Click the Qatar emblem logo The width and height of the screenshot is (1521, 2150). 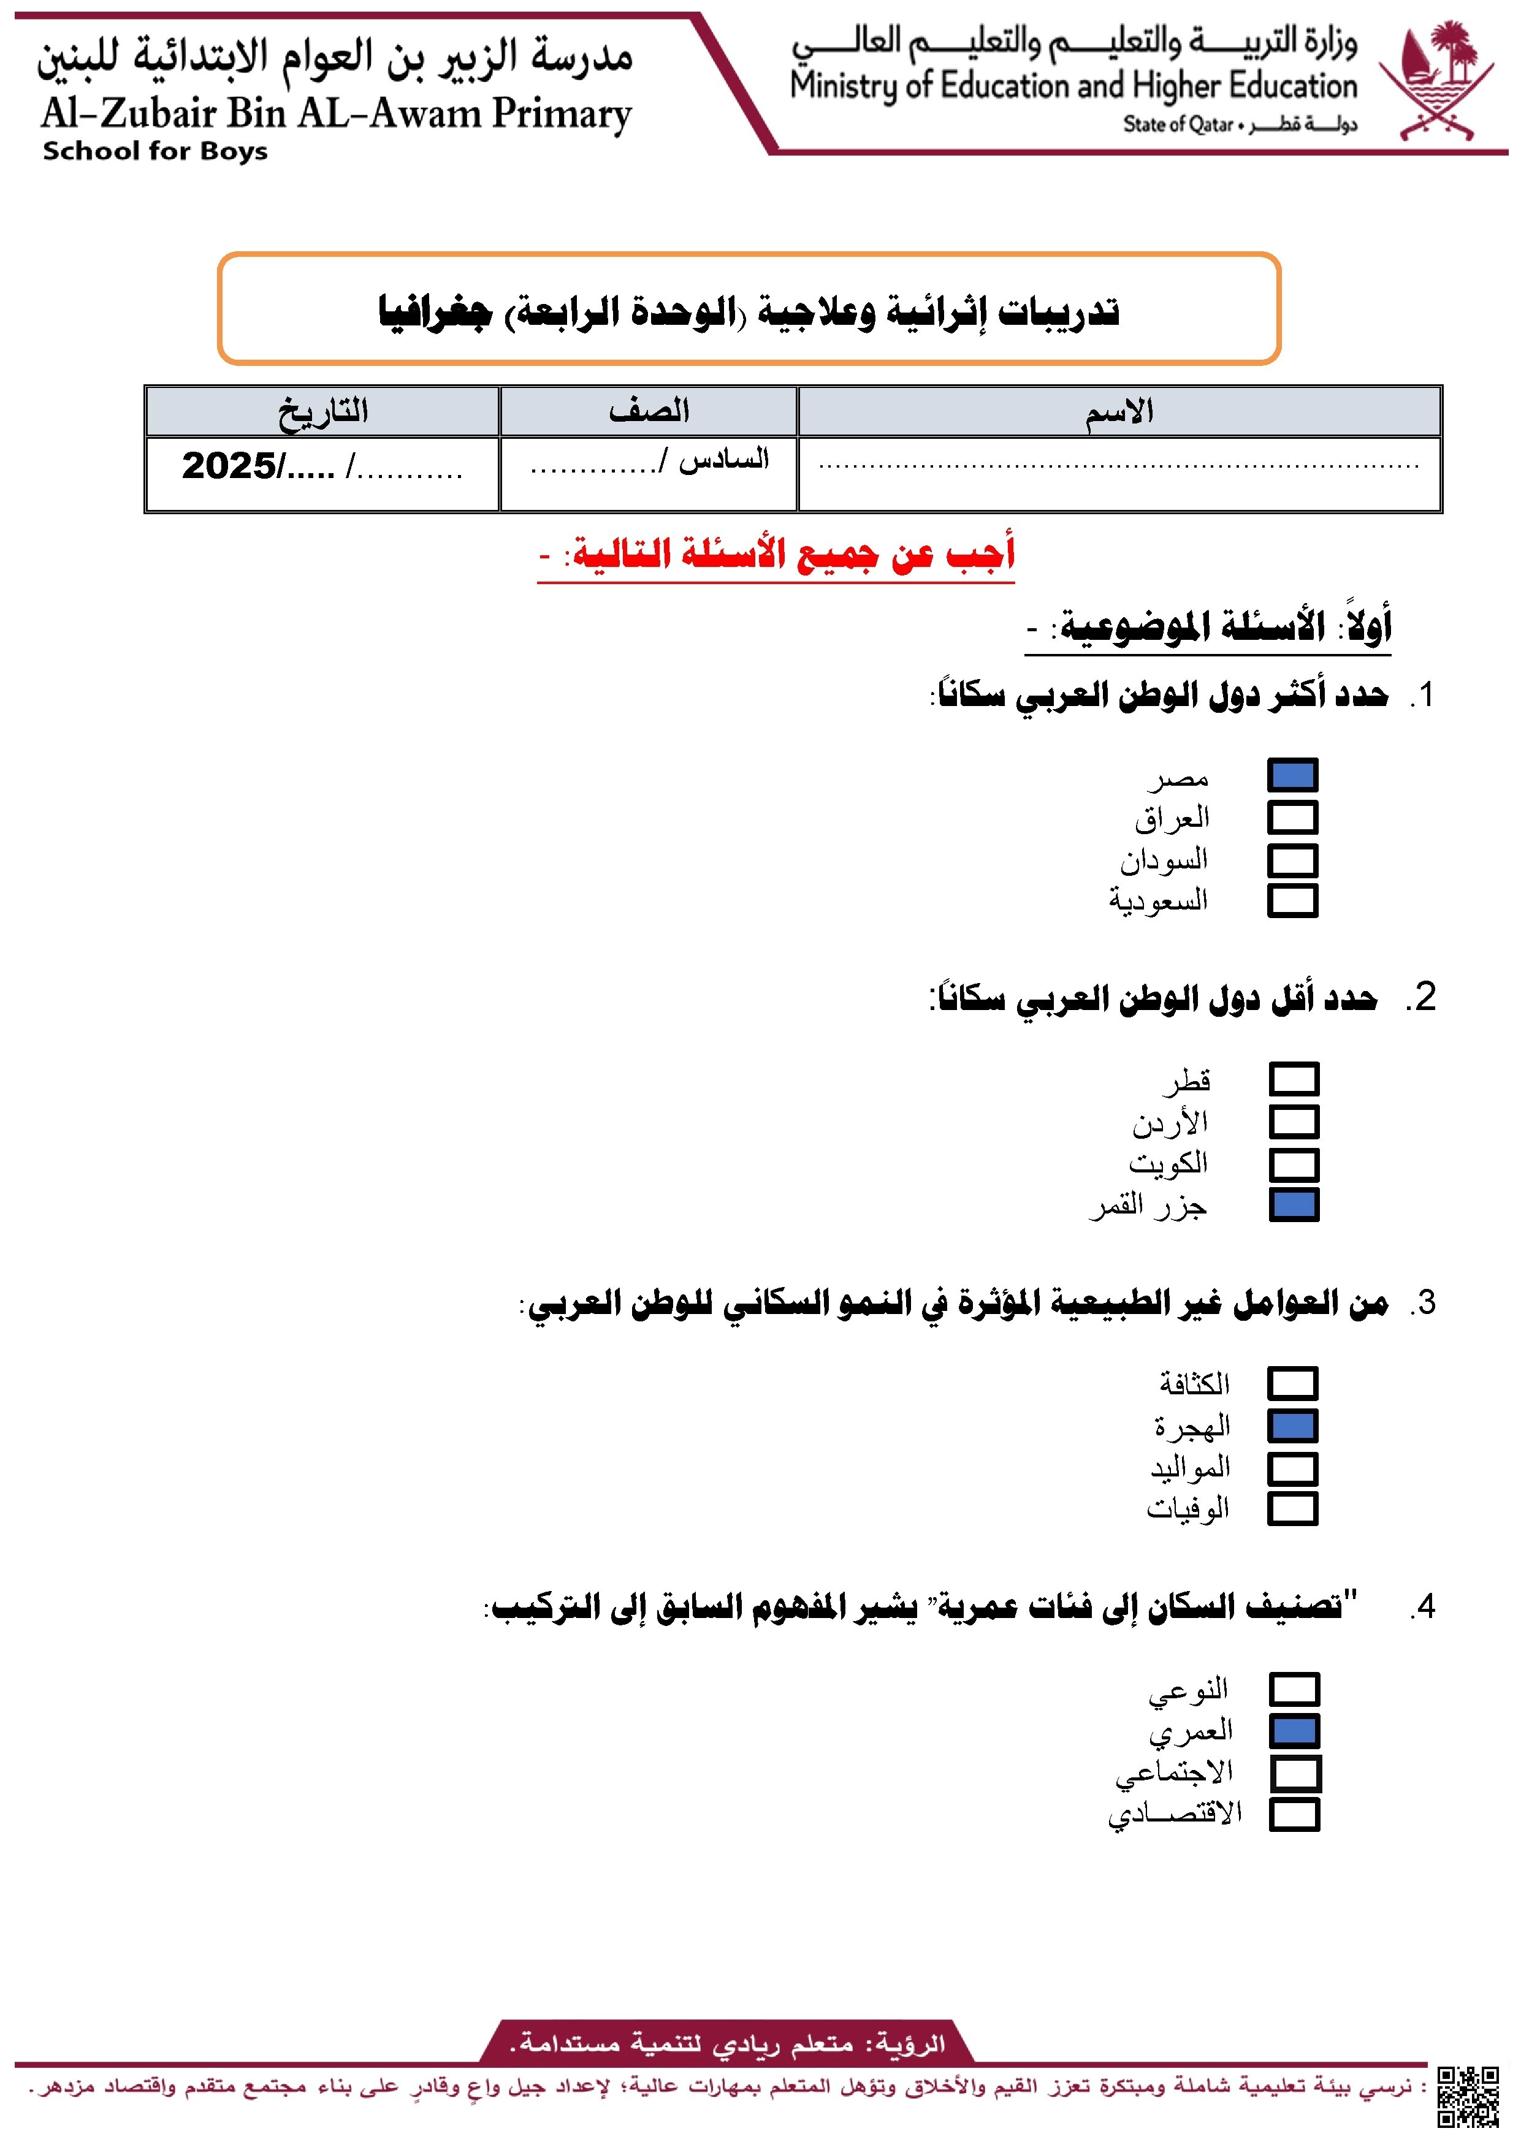point(1437,82)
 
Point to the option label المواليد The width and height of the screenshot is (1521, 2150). point(1189,1467)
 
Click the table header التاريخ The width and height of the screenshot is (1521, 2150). point(322,411)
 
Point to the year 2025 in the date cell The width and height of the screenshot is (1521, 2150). point(229,465)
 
